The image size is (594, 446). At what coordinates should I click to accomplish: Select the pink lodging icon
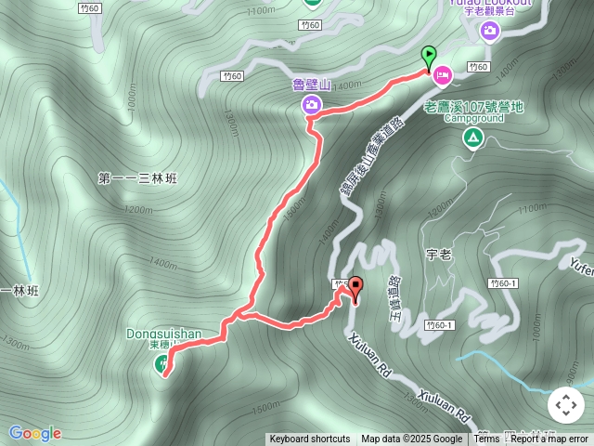[442, 72]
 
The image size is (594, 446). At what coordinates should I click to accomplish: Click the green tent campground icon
[473, 138]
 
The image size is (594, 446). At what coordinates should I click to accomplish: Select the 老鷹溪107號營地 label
[473, 107]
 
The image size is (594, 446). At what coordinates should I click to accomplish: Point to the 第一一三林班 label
[137, 177]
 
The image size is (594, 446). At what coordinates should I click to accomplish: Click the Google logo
[35, 433]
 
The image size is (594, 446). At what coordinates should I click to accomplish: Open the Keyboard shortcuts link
[310, 439]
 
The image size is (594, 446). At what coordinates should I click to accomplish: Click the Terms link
[487, 439]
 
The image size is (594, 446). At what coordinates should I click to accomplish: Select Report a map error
[550, 439]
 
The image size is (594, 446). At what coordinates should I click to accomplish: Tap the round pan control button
[565, 405]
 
